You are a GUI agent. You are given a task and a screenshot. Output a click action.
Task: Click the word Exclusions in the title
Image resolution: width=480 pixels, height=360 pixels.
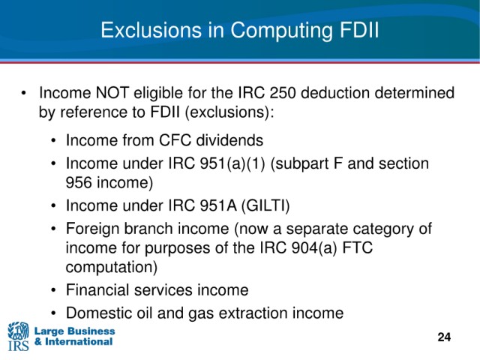point(151,30)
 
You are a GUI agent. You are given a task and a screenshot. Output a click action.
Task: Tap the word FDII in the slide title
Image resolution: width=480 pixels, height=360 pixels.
point(359,30)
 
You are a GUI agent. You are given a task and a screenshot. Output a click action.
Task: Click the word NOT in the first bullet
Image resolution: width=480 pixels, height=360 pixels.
point(112,93)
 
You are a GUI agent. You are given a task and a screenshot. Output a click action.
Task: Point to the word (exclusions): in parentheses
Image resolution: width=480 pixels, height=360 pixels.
point(229,112)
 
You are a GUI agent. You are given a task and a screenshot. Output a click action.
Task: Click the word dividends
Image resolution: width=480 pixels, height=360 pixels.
point(229,140)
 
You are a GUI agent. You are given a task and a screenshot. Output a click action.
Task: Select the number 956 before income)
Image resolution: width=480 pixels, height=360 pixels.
point(79,182)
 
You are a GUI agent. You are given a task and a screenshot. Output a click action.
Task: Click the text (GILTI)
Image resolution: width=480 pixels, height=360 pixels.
point(265,205)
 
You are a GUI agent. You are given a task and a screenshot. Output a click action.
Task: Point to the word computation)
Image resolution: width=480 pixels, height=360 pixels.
point(112,267)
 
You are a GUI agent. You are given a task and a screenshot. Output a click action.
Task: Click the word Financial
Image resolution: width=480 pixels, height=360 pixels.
point(97,289)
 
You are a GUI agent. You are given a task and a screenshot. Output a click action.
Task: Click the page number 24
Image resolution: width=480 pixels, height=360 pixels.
point(444,337)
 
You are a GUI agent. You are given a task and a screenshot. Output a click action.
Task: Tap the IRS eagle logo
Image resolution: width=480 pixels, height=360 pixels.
point(18,336)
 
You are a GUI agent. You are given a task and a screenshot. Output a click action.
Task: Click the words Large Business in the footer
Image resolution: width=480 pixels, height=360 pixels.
point(75,331)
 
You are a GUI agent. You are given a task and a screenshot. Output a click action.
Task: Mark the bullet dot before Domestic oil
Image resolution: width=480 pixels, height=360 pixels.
point(54,313)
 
